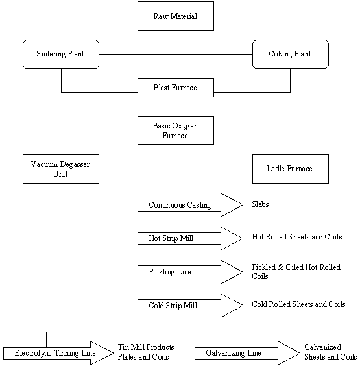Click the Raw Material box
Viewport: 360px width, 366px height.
coord(176,16)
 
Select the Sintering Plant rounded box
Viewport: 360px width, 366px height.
coord(61,54)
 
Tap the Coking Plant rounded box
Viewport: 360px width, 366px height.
coord(291,54)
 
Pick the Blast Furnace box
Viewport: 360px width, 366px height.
coord(176,88)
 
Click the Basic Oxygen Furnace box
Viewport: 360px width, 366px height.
coord(176,130)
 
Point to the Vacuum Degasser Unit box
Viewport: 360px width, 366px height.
coord(61,169)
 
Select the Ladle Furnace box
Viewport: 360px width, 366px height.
coord(291,169)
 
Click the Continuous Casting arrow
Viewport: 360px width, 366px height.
coord(191,205)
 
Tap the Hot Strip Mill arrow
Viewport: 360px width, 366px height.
coord(191,238)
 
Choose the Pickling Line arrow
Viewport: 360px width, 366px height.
coord(191,272)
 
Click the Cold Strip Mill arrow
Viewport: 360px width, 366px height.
coord(191,305)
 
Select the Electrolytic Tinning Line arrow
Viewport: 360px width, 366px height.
coord(58,353)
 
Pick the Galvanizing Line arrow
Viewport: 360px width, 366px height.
coord(247,353)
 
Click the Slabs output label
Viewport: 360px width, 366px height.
coord(260,204)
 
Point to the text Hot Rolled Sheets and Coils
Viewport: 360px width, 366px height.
coord(297,237)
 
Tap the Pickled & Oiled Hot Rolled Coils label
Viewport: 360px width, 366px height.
coord(296,271)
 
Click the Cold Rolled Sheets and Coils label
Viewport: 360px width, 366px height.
coord(298,304)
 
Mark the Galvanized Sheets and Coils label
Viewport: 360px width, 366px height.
coord(330,352)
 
